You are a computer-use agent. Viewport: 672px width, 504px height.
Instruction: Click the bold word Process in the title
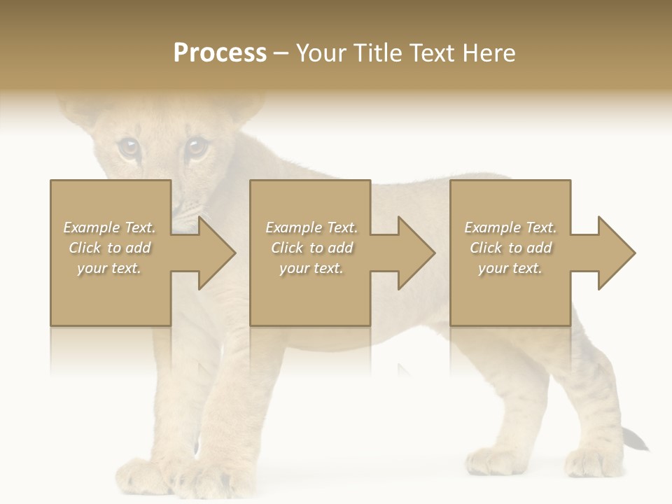220,53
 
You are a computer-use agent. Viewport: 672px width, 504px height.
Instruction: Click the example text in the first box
110,248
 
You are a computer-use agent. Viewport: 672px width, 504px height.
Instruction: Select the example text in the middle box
311,248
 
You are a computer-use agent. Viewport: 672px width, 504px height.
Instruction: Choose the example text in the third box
510,248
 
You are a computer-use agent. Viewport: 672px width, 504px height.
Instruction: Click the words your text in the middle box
311,268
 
